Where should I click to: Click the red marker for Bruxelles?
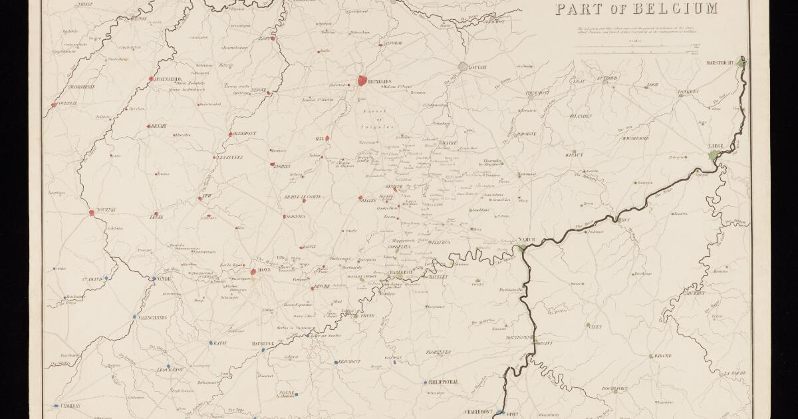click(362, 80)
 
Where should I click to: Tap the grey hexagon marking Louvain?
click(464, 67)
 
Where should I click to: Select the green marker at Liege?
click(713, 156)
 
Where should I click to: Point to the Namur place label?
click(527, 239)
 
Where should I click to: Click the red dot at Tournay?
click(92, 213)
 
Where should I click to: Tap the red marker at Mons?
click(253, 271)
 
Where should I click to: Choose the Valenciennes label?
click(155, 318)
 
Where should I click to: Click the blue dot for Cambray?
click(56, 405)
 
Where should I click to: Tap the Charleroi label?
click(404, 272)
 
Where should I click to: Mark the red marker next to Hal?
click(327, 138)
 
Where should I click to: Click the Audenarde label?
click(169, 79)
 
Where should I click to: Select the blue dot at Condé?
click(154, 279)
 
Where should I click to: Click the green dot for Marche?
click(651, 356)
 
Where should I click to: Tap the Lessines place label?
click(230, 157)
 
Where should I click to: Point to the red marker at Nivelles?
click(360, 198)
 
